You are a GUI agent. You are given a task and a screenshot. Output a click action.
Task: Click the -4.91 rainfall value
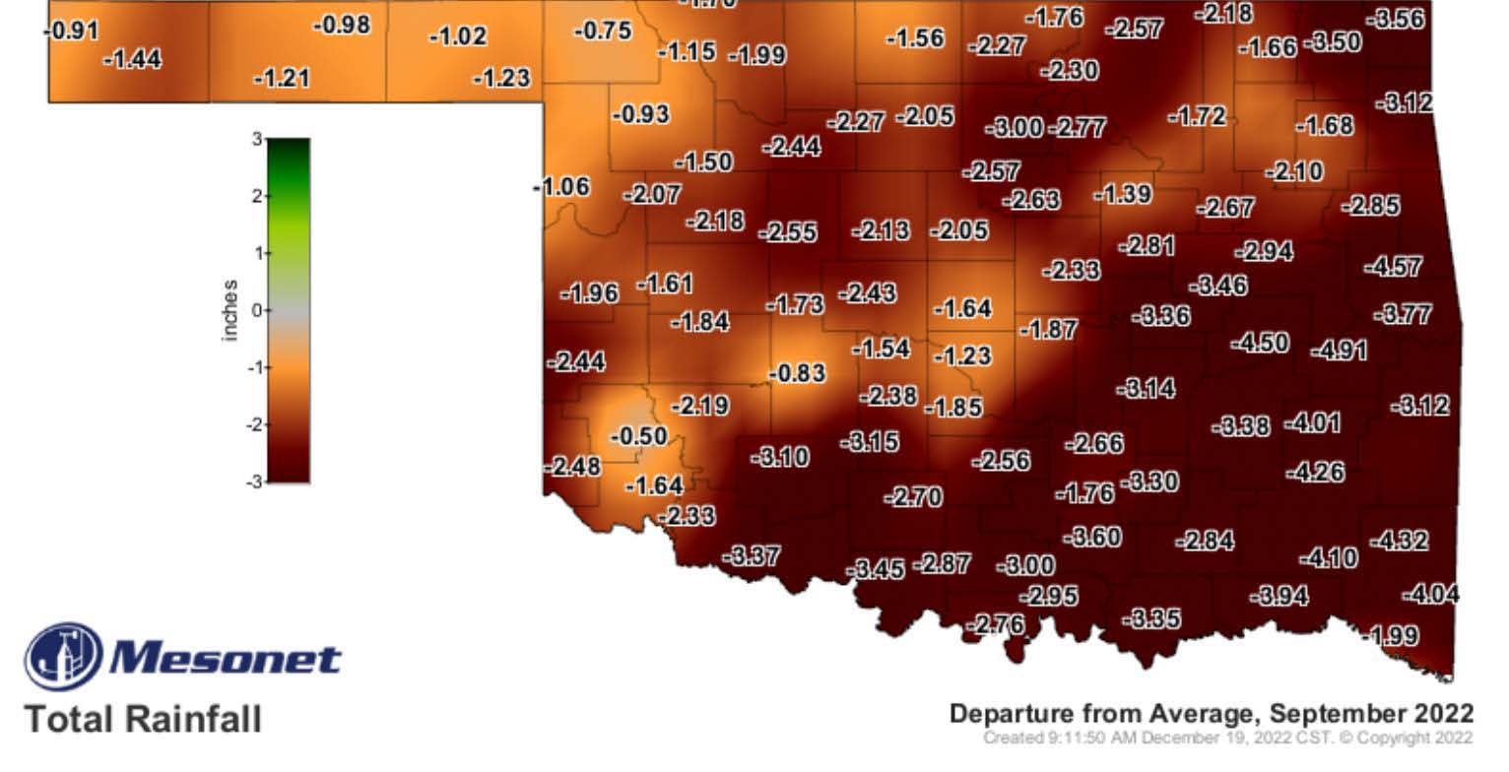point(1339,350)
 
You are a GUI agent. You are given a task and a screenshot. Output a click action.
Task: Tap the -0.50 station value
point(638,435)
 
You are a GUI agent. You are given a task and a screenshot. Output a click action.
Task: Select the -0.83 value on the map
point(797,373)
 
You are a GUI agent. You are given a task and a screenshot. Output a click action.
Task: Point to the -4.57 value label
point(1393,266)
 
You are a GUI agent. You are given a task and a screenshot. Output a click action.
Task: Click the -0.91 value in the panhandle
point(72,31)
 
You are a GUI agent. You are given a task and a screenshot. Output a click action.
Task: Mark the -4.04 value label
point(1430,594)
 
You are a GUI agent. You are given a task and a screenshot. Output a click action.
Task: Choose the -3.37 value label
point(752,556)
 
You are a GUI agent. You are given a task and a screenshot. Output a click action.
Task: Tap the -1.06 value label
point(561,187)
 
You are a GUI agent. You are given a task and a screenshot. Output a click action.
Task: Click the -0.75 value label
point(602,31)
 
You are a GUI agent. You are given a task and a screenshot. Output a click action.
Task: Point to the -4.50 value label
point(1260,343)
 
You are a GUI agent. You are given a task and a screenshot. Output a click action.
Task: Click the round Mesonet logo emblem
point(62,656)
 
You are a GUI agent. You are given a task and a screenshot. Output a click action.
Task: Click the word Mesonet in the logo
point(226,658)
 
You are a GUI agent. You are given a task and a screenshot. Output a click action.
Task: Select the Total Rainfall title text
point(144,718)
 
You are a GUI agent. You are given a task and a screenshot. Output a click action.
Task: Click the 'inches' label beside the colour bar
point(230,310)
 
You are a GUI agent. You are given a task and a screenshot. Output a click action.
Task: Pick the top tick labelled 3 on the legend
point(255,140)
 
